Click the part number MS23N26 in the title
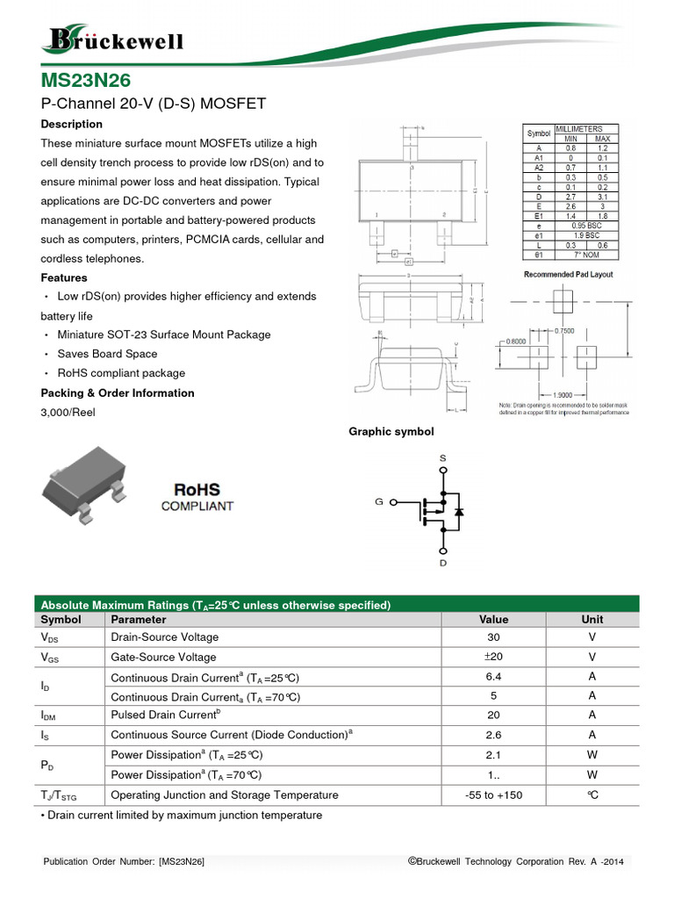86,81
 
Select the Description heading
71,124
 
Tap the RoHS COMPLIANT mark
197,497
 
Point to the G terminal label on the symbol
379,502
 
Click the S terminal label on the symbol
442,458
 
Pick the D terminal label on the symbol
442,562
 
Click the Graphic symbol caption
391,431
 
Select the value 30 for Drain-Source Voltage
493,637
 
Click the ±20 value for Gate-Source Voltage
493,658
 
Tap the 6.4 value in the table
493,678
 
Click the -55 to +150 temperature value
493,795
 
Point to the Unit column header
592,619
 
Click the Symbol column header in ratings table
61,619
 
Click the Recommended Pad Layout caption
569,275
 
